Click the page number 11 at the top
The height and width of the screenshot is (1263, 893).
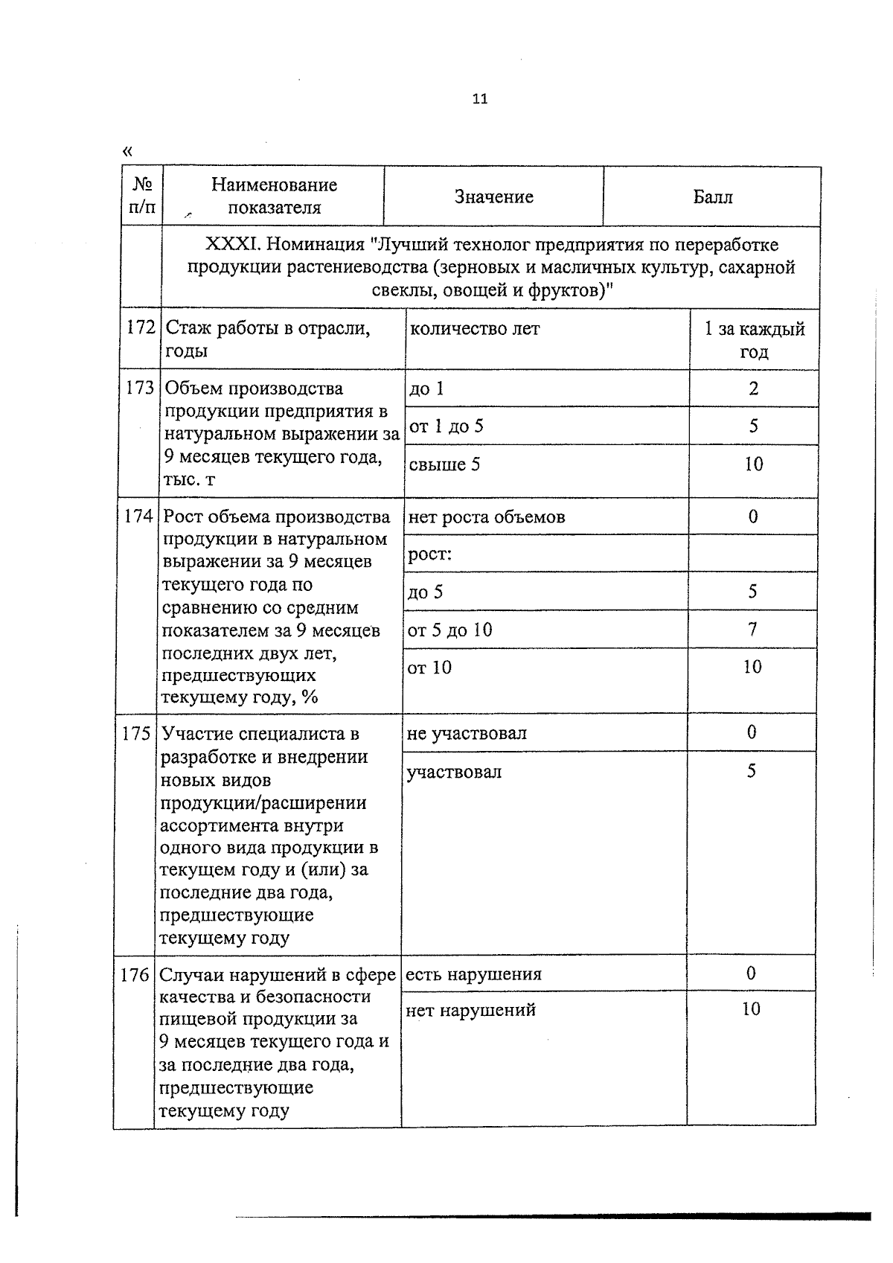[x=479, y=98]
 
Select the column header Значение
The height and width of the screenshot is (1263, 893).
[x=493, y=196]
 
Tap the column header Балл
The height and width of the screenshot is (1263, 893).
[x=712, y=196]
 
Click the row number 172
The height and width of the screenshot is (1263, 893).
[x=141, y=328]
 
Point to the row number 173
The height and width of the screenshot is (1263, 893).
[x=140, y=389]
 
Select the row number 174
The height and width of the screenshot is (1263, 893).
[x=139, y=517]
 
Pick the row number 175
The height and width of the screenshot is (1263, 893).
[x=137, y=734]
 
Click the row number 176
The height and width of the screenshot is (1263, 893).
[x=135, y=974]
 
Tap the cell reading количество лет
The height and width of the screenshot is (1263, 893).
[x=475, y=328]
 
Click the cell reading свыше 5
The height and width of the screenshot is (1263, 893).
[x=444, y=464]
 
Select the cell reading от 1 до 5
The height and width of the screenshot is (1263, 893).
[x=446, y=426]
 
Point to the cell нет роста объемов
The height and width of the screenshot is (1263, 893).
[x=486, y=517]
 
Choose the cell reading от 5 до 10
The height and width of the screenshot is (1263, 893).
[x=449, y=630]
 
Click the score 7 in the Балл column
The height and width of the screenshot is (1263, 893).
[x=752, y=630]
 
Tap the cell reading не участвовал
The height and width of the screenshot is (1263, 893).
[x=466, y=733]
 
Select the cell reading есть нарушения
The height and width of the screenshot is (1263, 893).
[x=473, y=973]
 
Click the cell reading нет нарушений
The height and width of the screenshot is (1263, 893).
[x=470, y=1010]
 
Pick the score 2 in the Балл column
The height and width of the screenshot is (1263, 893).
[x=754, y=389]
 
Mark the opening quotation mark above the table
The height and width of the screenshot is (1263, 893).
[x=127, y=151]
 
